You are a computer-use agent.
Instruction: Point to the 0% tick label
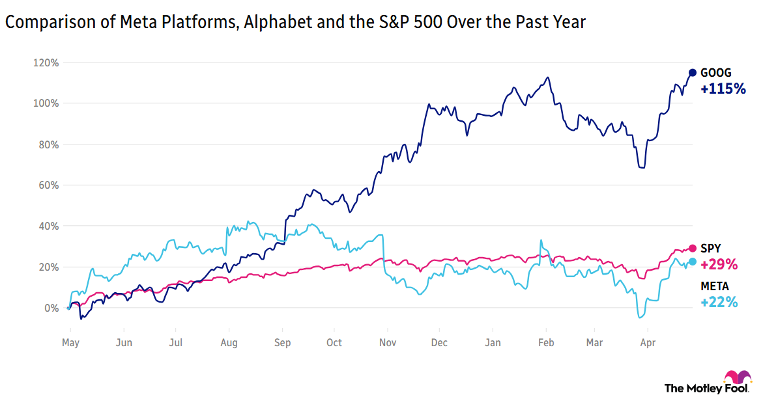coord(51,308)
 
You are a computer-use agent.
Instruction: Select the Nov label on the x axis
coord(387,342)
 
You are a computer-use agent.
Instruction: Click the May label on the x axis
coord(70,342)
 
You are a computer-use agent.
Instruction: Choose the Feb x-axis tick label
coord(546,342)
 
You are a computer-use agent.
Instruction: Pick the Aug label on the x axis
coord(229,342)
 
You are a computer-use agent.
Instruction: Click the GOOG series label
coord(715,73)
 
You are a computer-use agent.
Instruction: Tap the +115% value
coord(723,89)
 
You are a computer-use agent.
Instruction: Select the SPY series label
coord(711,248)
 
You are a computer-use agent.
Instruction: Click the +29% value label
coord(719,264)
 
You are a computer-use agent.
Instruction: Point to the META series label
coord(714,286)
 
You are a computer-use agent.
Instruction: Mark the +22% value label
coord(719,302)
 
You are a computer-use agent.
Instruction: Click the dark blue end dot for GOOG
coord(693,73)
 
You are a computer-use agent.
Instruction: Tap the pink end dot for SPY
coord(693,248)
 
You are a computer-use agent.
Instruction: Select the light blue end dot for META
coord(693,262)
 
